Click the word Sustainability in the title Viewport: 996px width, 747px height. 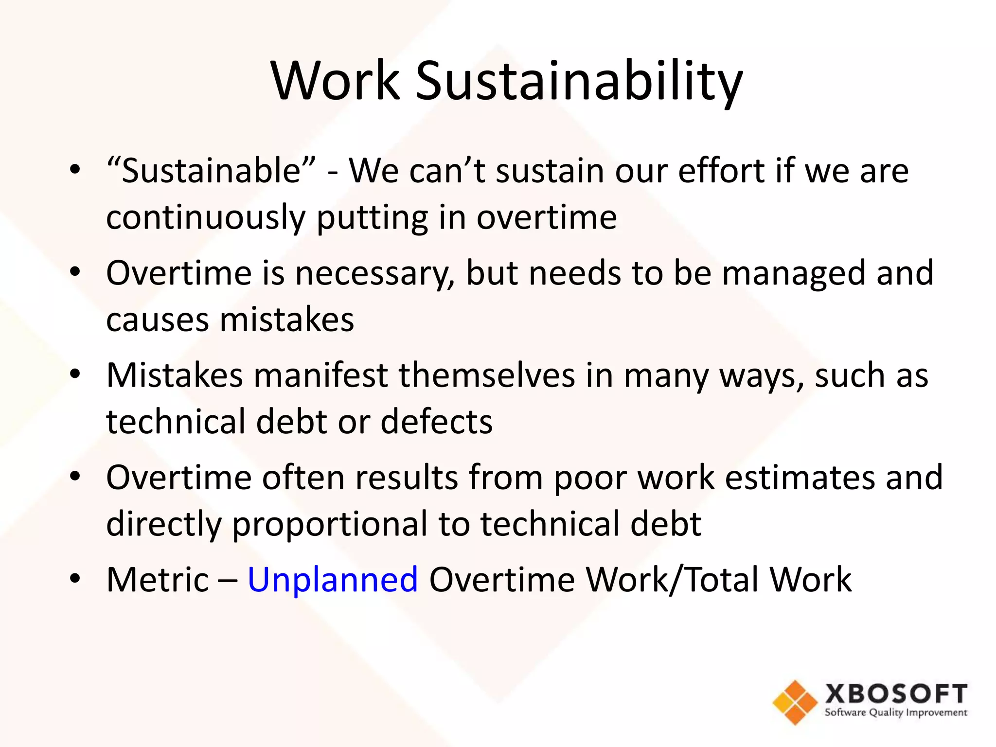(x=579, y=82)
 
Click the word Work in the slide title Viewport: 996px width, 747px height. (x=336, y=81)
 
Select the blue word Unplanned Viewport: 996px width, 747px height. (x=333, y=580)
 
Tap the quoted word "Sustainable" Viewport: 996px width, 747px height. (x=211, y=171)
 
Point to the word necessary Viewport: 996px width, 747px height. (x=374, y=273)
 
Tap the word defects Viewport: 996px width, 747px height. (x=436, y=422)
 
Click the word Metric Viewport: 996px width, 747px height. (x=158, y=580)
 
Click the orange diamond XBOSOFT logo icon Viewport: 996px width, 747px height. (x=795, y=702)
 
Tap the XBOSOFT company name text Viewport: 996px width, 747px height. (x=896, y=694)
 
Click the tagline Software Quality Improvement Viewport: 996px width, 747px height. (x=896, y=713)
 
